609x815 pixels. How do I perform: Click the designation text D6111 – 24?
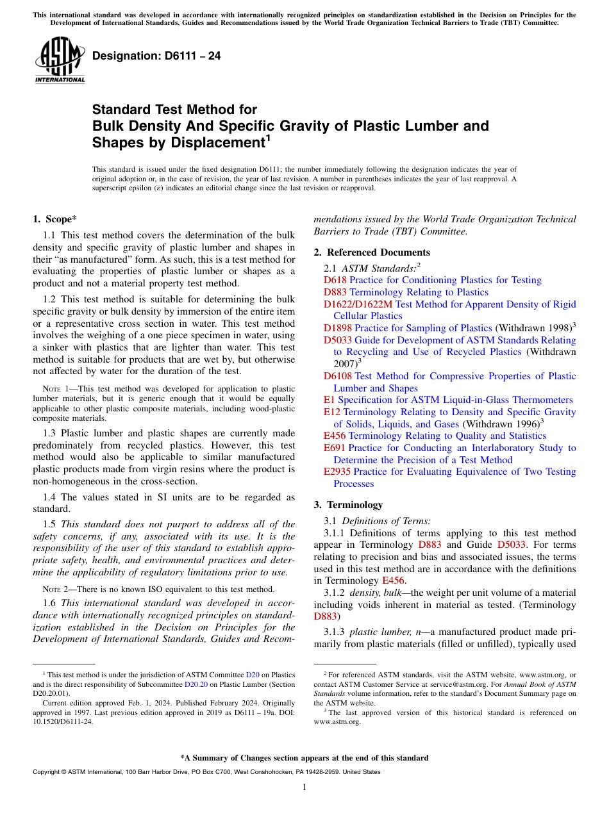156,56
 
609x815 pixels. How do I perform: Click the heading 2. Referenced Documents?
372,252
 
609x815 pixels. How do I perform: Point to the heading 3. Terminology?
351,505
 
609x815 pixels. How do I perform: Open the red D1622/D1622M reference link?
358,304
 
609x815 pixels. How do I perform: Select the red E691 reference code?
335,448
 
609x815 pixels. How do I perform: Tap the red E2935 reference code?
337,472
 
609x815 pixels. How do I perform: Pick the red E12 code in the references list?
331,412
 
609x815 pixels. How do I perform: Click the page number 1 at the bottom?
304,787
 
